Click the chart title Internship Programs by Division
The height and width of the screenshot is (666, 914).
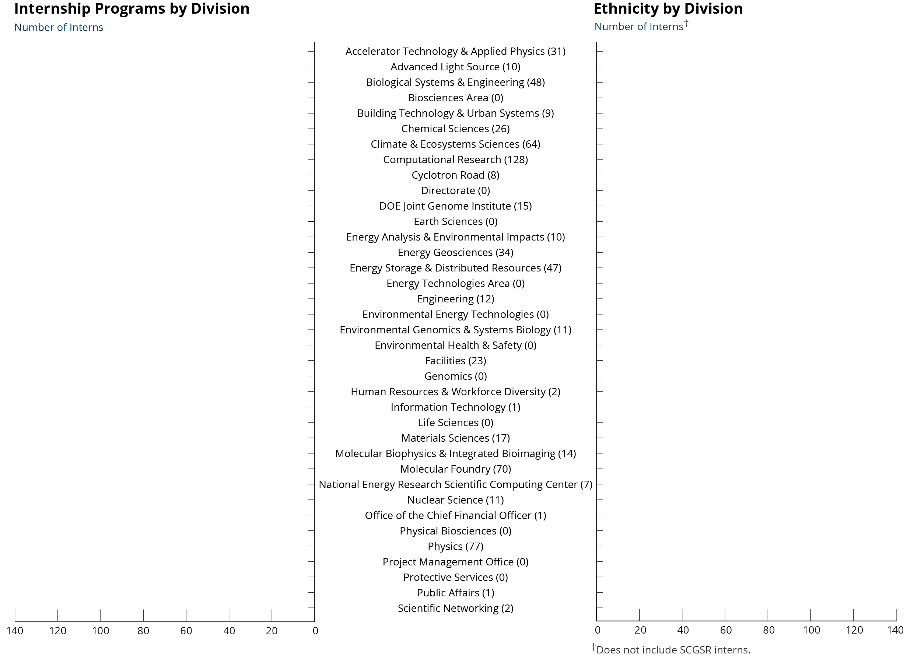coord(132,9)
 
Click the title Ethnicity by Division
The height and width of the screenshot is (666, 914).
coord(668,9)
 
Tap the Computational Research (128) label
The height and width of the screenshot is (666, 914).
coord(456,160)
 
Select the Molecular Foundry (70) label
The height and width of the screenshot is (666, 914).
coord(456,469)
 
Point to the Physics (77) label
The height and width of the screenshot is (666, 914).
coord(456,546)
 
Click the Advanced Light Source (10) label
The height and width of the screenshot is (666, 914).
coord(456,67)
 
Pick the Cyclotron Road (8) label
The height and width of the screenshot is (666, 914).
coord(456,175)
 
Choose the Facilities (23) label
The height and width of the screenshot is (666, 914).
coord(456,361)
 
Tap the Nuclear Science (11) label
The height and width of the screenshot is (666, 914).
coord(456,500)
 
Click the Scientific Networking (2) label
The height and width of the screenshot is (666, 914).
coord(456,608)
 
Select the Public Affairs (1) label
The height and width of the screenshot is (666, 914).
coord(456,593)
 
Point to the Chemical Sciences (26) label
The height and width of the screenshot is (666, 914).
coord(456,129)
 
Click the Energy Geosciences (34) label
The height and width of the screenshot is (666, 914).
coord(456,252)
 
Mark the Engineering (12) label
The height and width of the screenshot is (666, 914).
coord(456,299)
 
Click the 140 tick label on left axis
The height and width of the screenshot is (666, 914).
coord(15,631)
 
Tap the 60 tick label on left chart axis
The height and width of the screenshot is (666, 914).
coord(186,631)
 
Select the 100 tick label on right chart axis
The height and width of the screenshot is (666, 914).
coord(811,630)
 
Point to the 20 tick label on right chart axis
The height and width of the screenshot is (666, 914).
coord(640,630)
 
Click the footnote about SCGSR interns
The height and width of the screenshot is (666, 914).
coord(671,649)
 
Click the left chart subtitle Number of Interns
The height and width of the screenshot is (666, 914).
coord(59,27)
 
